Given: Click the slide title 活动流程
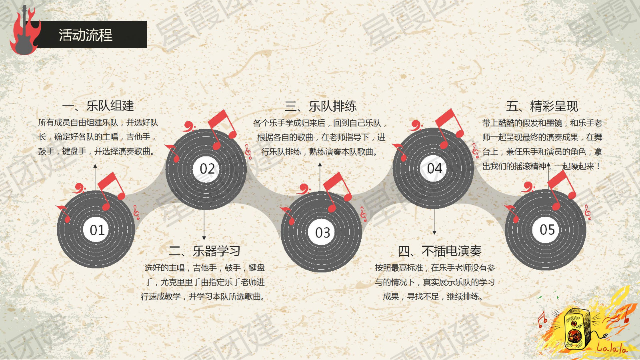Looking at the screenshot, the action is click(86, 35).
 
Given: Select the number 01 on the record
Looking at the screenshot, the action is click(97, 230).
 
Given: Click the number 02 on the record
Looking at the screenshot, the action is click(207, 168).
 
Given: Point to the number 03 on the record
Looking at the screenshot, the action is click(323, 232).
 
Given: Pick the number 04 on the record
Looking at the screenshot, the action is click(434, 168).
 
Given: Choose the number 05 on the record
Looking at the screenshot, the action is click(547, 230).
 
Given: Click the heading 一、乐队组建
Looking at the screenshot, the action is click(98, 106).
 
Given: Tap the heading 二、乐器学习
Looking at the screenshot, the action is click(204, 251).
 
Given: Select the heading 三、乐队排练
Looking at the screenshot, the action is click(320, 106).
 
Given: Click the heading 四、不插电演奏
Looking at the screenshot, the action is click(440, 251).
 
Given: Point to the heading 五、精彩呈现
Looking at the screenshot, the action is click(542, 106).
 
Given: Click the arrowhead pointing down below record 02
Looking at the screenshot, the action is click(204, 238).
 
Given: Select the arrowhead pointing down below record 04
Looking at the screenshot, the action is click(434, 232).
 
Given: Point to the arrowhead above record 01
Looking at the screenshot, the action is click(95, 166).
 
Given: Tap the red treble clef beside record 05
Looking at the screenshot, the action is click(588, 212).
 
